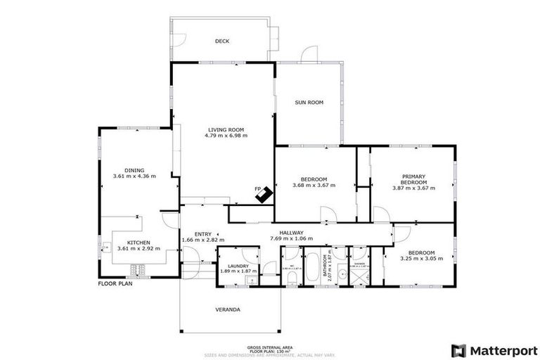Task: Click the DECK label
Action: coord(222,41)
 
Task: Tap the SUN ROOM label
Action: coord(309,103)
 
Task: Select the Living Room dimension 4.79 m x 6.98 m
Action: coord(226,136)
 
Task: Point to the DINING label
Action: coord(134,170)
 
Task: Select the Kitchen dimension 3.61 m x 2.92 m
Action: coord(138,248)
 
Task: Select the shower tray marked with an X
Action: coord(359,276)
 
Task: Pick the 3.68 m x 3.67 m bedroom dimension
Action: coord(314,186)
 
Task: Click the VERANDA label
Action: coord(227,309)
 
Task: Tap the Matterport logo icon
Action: coord(458,349)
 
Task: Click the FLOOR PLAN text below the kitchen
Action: coord(115,284)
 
